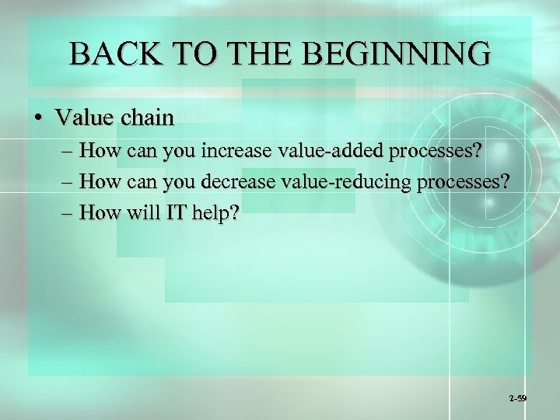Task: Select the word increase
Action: click(233, 149)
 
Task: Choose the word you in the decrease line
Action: click(180, 181)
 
